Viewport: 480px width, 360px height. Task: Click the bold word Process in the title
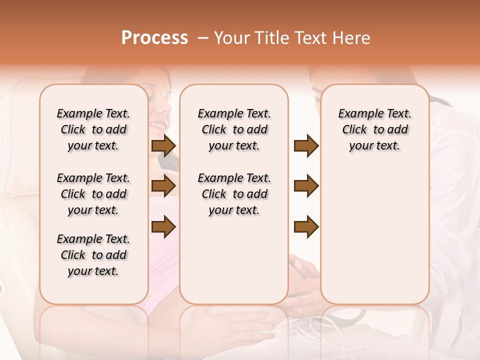[154, 38]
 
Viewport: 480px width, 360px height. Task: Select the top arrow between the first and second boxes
[163, 145]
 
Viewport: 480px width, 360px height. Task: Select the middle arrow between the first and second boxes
[163, 186]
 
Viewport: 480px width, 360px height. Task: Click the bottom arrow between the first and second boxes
[163, 226]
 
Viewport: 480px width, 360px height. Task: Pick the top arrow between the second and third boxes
[306, 145]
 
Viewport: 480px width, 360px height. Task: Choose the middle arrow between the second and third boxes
[306, 186]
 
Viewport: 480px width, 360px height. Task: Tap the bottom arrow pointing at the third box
[306, 226]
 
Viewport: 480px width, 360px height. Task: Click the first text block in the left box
[93, 129]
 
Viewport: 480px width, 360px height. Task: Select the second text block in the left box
[93, 194]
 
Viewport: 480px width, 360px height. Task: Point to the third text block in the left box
[93, 255]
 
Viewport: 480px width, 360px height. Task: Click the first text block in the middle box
[234, 129]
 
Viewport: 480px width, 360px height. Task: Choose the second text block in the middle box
[234, 194]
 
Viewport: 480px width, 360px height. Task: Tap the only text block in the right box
[374, 129]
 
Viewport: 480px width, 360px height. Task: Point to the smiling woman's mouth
[157, 124]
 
